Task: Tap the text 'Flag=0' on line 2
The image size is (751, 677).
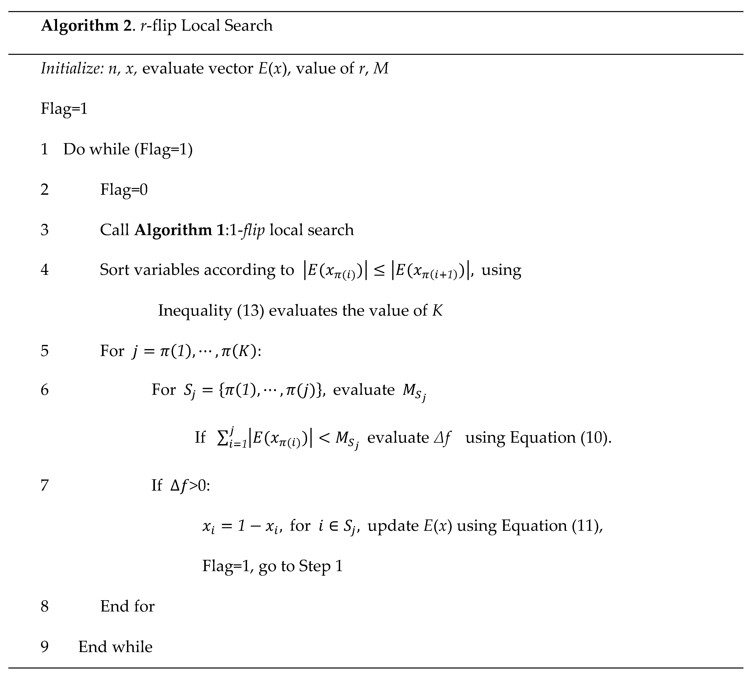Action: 124,190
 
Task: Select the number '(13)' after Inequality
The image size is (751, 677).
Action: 251,310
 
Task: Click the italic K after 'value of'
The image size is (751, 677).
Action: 437,310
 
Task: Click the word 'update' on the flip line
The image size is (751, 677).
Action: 393,526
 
